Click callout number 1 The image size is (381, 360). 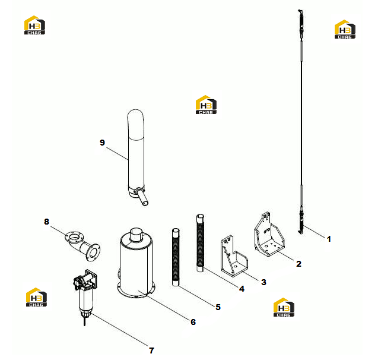[x=329, y=239]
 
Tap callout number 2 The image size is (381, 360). [x=299, y=264]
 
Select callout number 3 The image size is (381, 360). [x=263, y=282]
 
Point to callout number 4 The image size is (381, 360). [x=242, y=289]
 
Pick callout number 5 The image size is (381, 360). [x=218, y=307]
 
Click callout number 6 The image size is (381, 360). [x=193, y=322]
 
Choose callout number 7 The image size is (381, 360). [x=151, y=350]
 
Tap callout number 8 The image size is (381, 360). [x=46, y=222]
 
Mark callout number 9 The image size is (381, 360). [x=102, y=143]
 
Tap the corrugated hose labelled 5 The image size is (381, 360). [x=176, y=257]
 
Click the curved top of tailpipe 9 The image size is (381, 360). [x=135, y=124]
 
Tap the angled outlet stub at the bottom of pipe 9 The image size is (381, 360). [x=142, y=197]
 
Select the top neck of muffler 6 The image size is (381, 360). [x=136, y=235]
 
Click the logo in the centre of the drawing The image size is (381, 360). [x=206, y=105]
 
